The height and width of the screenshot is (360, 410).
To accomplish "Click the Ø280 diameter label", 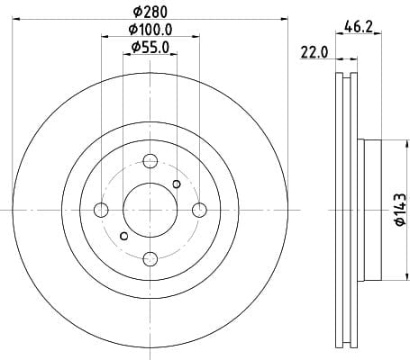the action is [150, 12].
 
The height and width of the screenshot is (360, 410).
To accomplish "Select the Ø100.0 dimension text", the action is [150, 30].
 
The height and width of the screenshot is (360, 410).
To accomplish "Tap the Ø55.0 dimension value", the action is [150, 48].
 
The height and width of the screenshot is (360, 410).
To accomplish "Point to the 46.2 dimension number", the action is [359, 27].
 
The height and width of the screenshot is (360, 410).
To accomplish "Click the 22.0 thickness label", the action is [314, 53].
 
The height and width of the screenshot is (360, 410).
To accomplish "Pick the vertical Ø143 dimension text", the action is [400, 210].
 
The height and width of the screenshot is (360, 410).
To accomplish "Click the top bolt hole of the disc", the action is [150, 161].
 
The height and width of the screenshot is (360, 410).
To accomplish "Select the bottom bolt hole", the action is [150, 259].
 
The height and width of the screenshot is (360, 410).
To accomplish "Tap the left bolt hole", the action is [101, 210].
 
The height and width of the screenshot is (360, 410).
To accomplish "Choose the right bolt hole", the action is [199, 210].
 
